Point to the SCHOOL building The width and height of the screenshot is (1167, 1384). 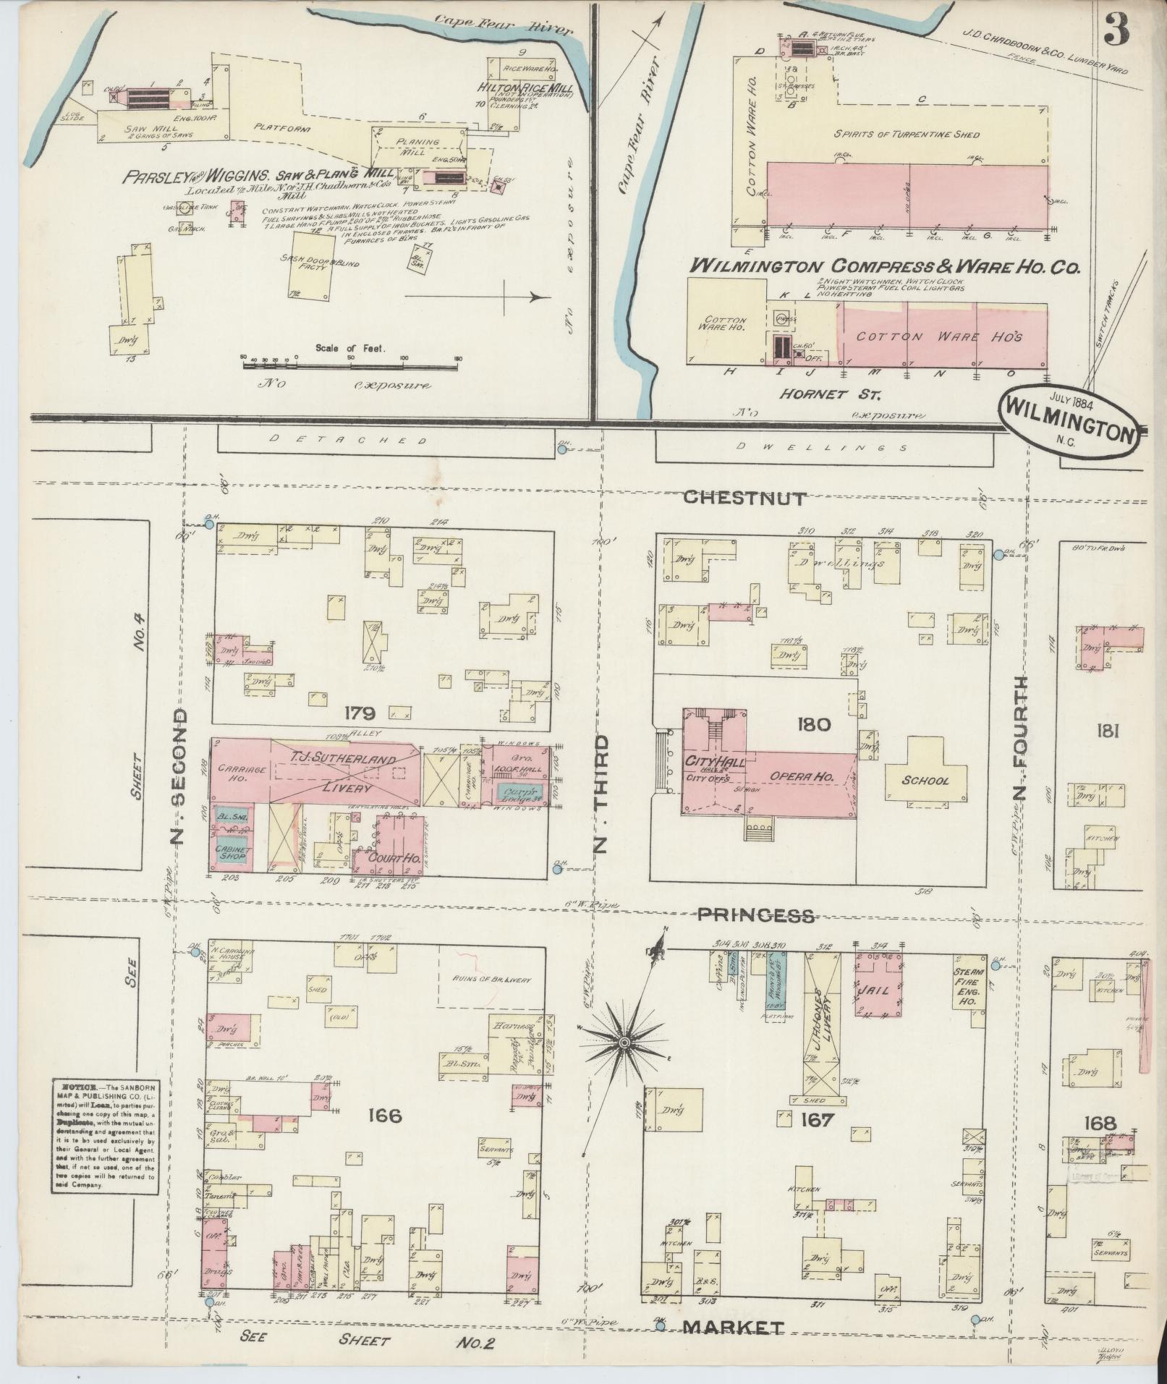pos(925,781)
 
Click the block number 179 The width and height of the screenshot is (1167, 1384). pos(360,714)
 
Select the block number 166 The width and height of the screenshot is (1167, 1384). pos(383,1116)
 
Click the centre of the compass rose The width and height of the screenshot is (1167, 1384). pos(623,1043)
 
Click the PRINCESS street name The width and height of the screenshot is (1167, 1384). pos(755,915)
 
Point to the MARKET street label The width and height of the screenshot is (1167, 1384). pos(733,1327)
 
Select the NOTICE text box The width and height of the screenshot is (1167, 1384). pos(103,1141)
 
